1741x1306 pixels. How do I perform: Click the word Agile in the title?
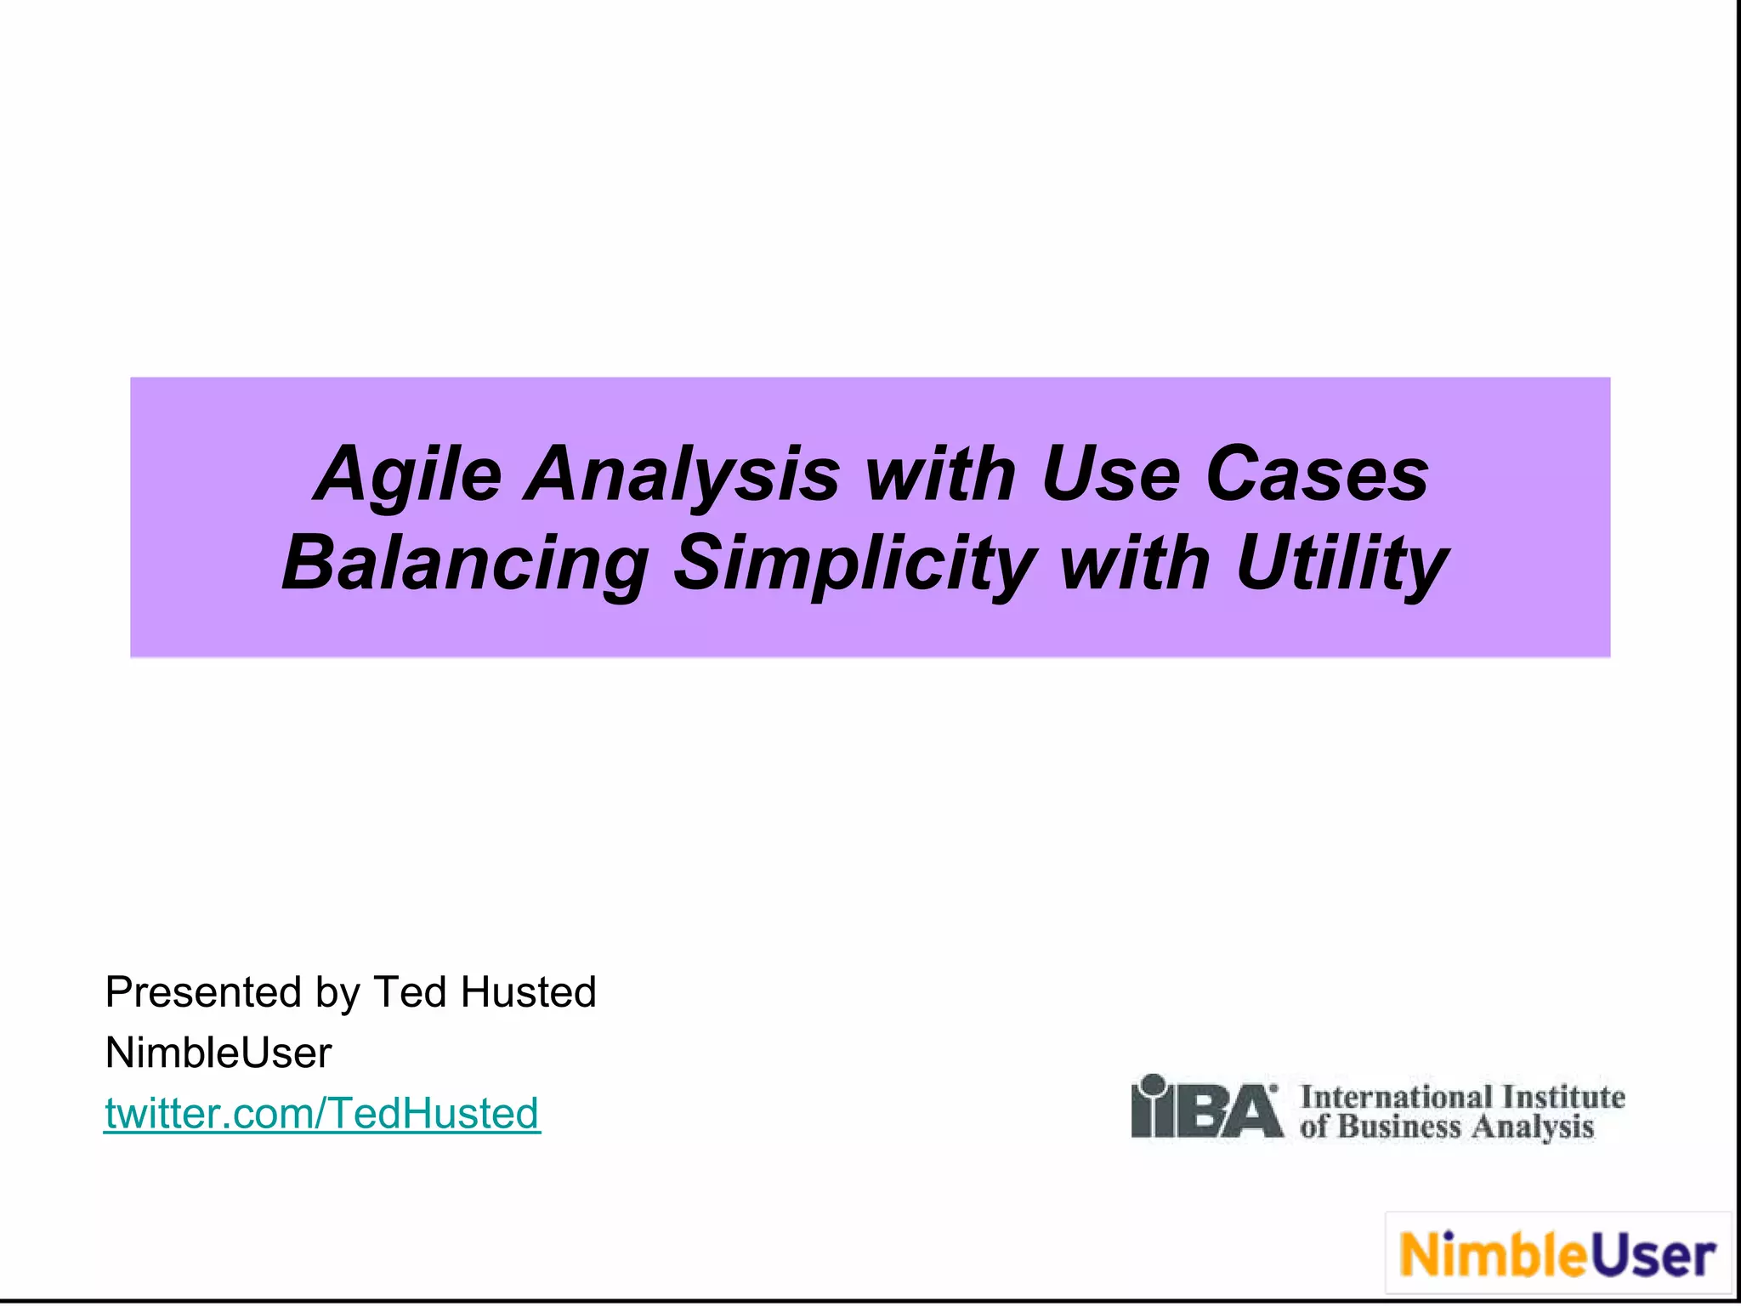click(x=408, y=474)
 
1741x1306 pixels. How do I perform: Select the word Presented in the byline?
click(x=203, y=992)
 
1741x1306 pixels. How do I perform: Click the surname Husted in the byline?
click(x=529, y=992)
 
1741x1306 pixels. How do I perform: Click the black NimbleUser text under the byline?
click(x=218, y=1053)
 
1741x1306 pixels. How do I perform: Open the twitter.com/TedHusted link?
click(x=321, y=1114)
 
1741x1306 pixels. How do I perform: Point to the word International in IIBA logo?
click(x=1396, y=1096)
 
